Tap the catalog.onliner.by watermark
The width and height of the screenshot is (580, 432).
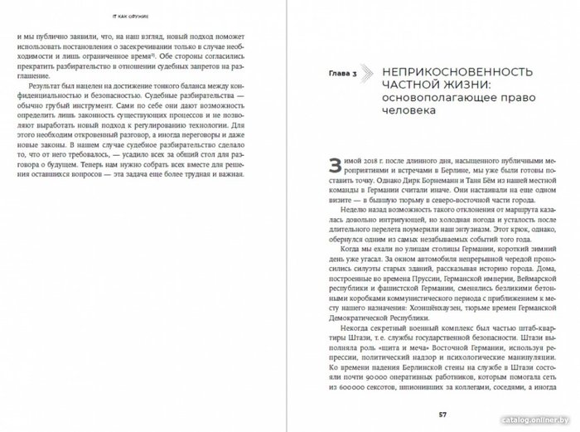(539, 421)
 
